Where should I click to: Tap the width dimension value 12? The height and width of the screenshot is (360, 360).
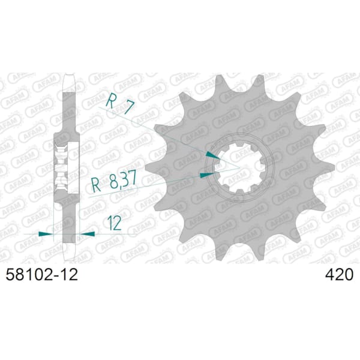click(113, 223)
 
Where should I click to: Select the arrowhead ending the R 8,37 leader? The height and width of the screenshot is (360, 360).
click(206, 174)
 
